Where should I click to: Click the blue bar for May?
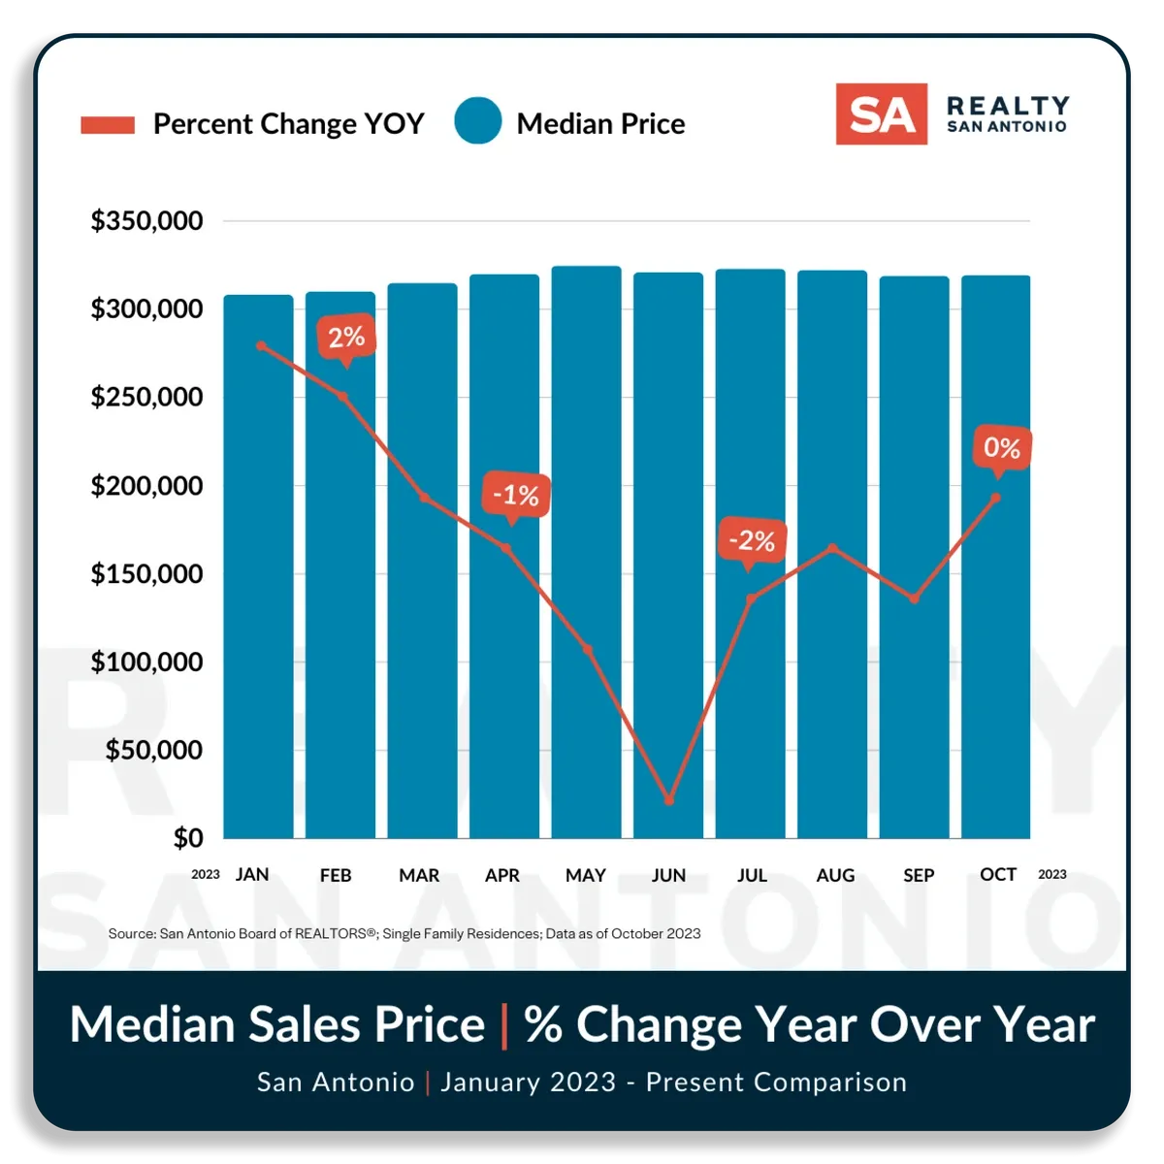[586, 552]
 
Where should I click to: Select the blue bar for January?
[259, 566]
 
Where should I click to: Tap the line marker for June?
[668, 800]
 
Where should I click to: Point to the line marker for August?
[832, 548]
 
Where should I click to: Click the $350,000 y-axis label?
[146, 221]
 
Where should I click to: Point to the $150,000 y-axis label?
[146, 574]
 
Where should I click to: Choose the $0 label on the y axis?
[188, 838]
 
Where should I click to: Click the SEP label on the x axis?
[919, 875]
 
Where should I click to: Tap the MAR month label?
[419, 875]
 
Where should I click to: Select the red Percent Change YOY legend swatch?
[108, 125]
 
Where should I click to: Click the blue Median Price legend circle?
[478, 121]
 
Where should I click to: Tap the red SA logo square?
[882, 114]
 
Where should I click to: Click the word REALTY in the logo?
[1008, 106]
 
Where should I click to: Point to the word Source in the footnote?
[131, 934]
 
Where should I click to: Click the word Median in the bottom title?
[152, 1024]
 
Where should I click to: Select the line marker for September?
[915, 598]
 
